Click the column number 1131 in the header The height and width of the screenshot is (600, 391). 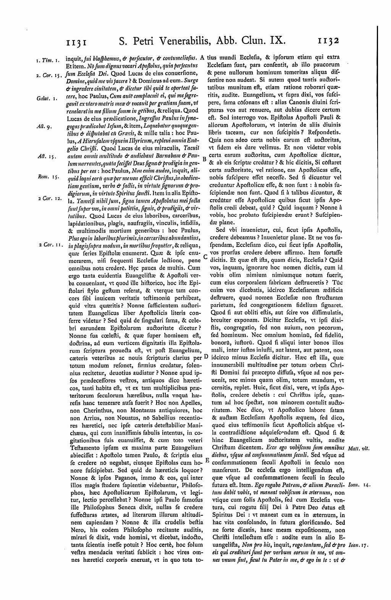pos(78,41)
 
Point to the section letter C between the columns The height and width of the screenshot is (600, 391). pos(205,257)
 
